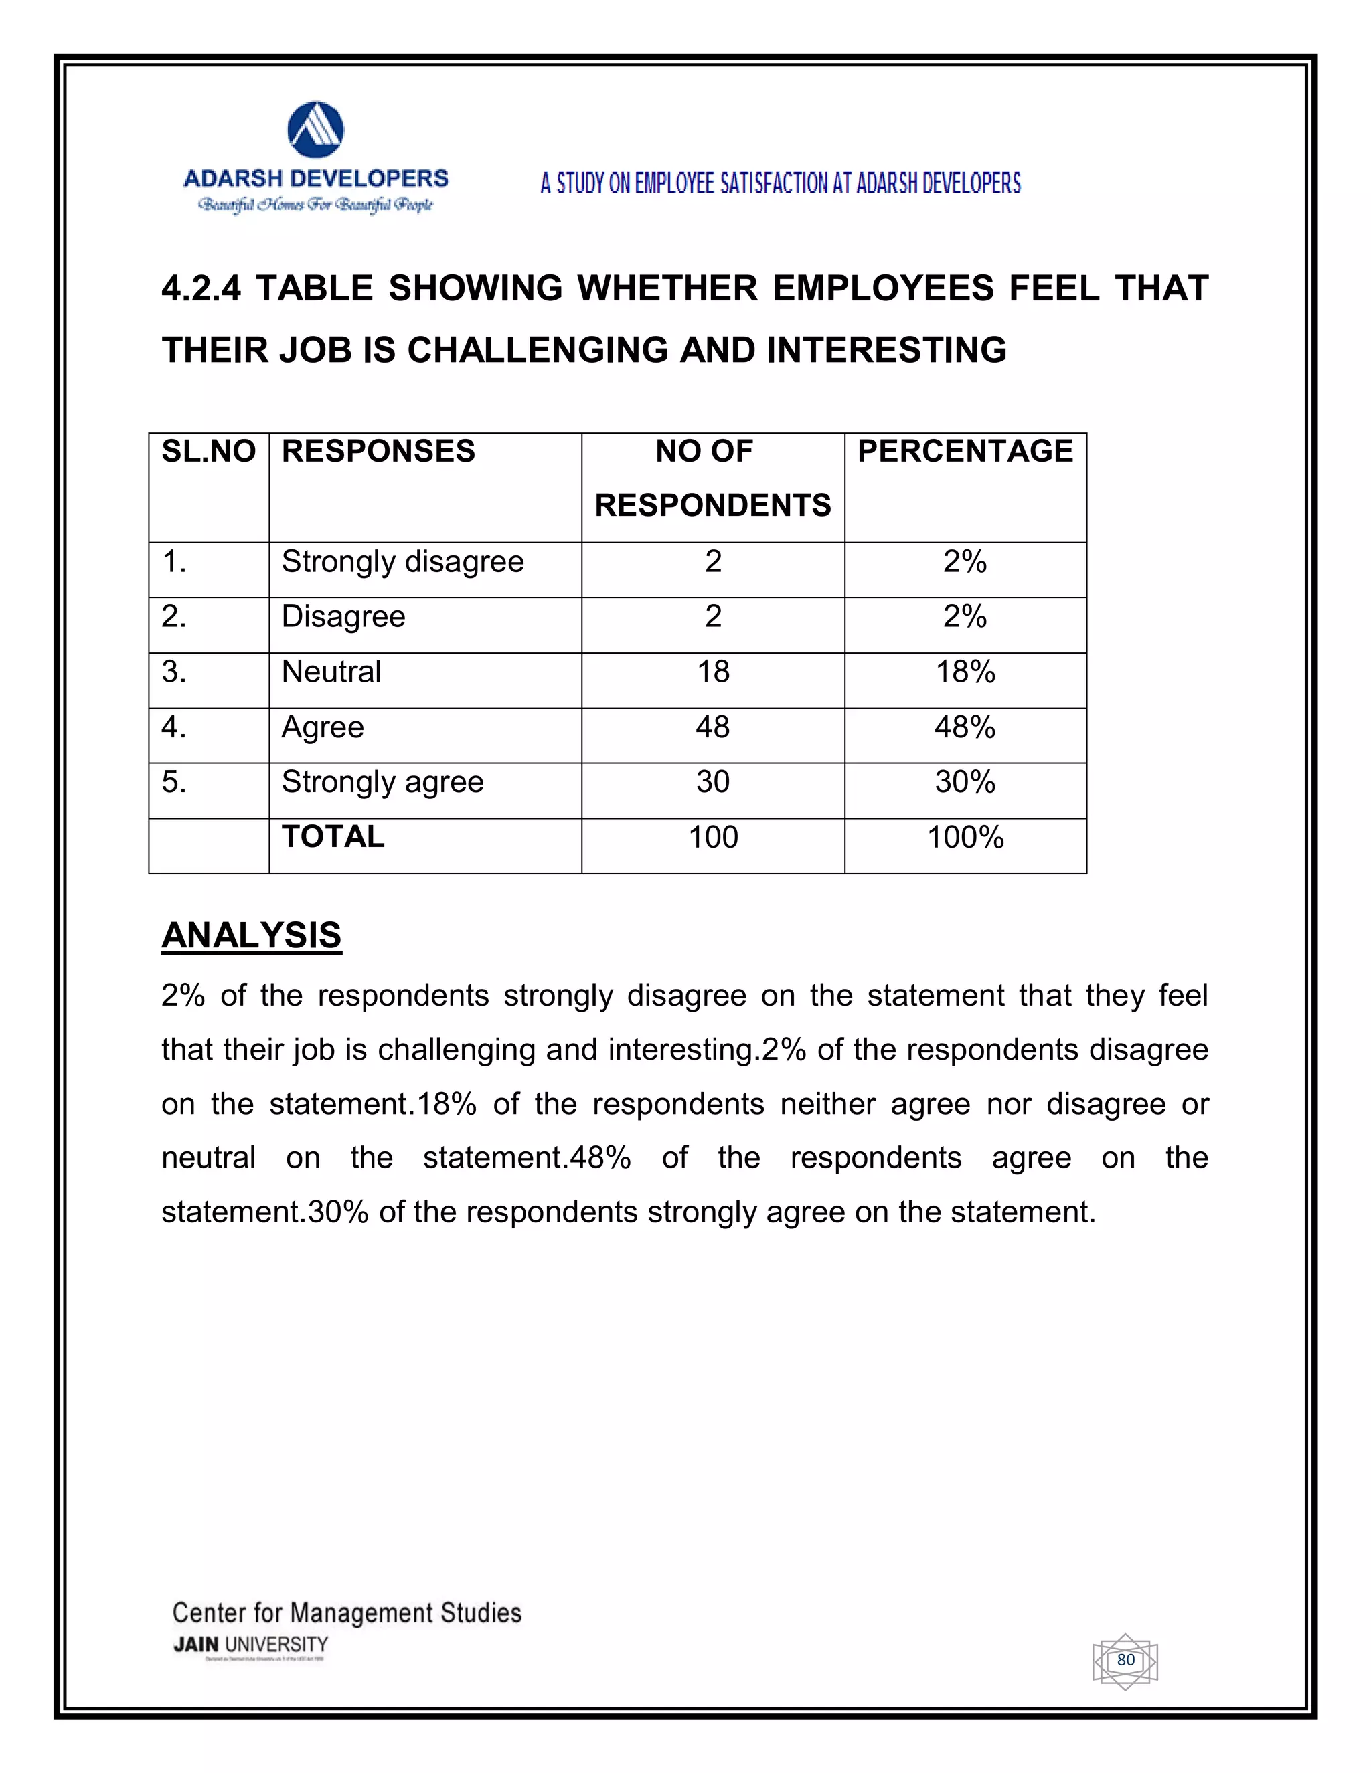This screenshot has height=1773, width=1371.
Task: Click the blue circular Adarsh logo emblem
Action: click(316, 130)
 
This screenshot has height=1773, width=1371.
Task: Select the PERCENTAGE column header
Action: click(965, 452)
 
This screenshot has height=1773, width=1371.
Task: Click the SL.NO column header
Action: click(209, 452)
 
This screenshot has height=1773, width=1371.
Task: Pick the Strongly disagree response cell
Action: click(403, 562)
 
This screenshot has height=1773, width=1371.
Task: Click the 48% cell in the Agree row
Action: click(965, 727)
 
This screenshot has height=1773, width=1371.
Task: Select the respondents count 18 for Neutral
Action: click(713, 672)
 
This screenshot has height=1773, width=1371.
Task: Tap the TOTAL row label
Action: click(333, 837)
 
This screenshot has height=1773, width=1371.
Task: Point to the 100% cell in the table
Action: click(965, 837)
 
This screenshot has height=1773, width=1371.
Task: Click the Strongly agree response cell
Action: click(382, 783)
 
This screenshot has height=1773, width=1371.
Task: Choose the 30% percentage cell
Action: click(965, 783)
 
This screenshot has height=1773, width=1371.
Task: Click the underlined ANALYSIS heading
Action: click(252, 935)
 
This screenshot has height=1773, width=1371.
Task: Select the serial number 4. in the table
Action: click(174, 727)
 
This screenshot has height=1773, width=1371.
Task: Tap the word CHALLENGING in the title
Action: click(537, 351)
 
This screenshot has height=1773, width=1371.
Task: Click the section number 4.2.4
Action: click(201, 289)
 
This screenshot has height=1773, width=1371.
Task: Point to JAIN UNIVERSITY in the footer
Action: click(250, 1645)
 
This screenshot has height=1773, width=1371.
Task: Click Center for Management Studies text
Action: click(347, 1613)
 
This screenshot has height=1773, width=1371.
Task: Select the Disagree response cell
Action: click(343, 617)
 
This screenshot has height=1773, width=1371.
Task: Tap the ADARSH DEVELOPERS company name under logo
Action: click(316, 179)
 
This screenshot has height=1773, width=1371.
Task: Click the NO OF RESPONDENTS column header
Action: click(712, 478)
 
